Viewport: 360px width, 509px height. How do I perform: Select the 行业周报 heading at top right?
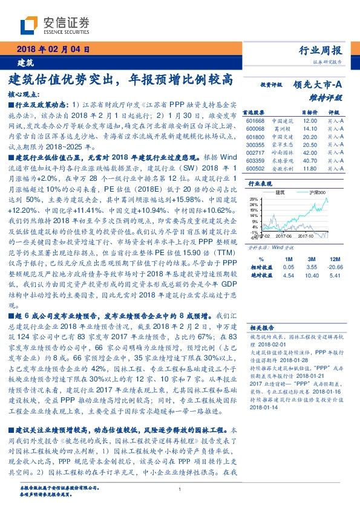(321, 50)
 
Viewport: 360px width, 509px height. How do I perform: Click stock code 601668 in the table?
(256, 121)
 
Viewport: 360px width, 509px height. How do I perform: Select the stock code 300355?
(256, 145)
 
